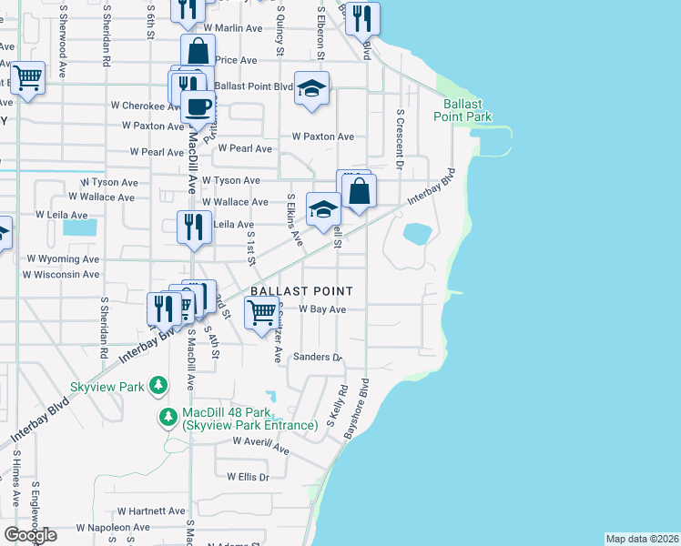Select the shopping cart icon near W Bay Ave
pyautogui.click(x=262, y=312)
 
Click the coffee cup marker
pyautogui.click(x=198, y=106)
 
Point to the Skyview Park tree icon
pyautogui.click(x=158, y=386)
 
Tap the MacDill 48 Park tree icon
pyautogui.click(x=168, y=418)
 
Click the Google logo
pyautogui.click(x=30, y=535)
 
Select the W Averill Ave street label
pyautogui.click(x=260, y=444)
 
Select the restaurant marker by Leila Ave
pyautogui.click(x=192, y=226)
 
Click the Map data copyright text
pyautogui.click(x=643, y=539)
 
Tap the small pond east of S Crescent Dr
pyautogui.click(x=417, y=234)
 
